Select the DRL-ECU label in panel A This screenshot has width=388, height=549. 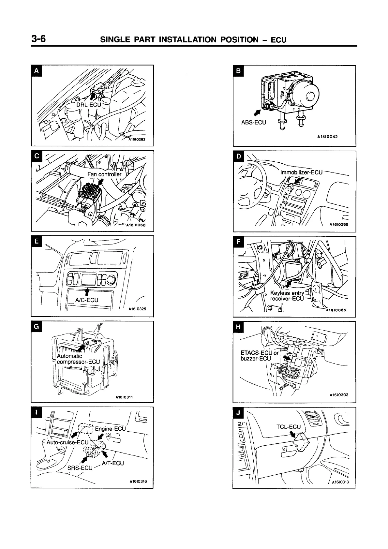tap(89, 105)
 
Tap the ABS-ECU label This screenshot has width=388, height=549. tap(253, 123)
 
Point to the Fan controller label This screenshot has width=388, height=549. tap(104, 174)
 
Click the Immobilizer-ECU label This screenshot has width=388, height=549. tap(301, 172)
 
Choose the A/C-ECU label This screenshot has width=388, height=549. tap(86, 300)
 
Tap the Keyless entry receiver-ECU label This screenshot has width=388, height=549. tap(287, 296)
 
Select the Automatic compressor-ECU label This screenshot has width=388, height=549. tap(78, 359)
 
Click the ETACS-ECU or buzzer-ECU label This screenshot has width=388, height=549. tap(259, 355)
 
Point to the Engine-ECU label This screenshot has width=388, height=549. tap(110, 428)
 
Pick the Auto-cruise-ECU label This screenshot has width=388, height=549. tap(67, 442)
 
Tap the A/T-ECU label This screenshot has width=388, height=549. tap(113, 463)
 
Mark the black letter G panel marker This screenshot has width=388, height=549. tap(36, 326)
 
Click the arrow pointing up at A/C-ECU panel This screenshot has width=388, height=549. tap(87, 291)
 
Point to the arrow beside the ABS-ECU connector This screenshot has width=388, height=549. tap(257, 112)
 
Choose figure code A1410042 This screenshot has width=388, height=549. tap(327, 137)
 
